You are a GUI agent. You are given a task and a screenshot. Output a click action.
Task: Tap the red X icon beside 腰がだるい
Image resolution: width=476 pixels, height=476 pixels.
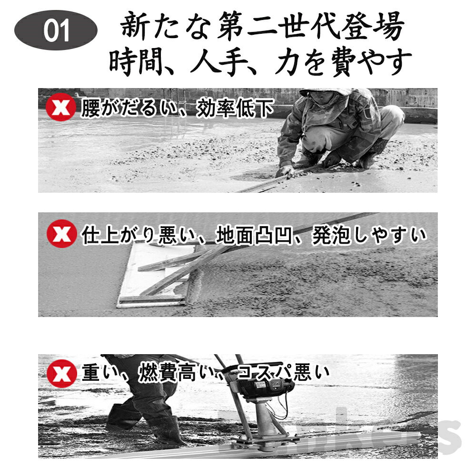[60, 108]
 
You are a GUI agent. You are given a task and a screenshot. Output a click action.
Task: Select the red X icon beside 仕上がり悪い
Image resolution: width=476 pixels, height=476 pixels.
[61, 234]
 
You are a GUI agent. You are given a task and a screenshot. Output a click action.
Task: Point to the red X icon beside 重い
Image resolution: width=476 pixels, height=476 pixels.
[61, 374]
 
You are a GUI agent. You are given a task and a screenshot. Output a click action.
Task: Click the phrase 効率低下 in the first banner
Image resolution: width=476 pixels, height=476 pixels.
[236, 109]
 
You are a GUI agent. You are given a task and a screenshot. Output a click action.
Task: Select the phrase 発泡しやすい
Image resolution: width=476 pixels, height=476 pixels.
[369, 235]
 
